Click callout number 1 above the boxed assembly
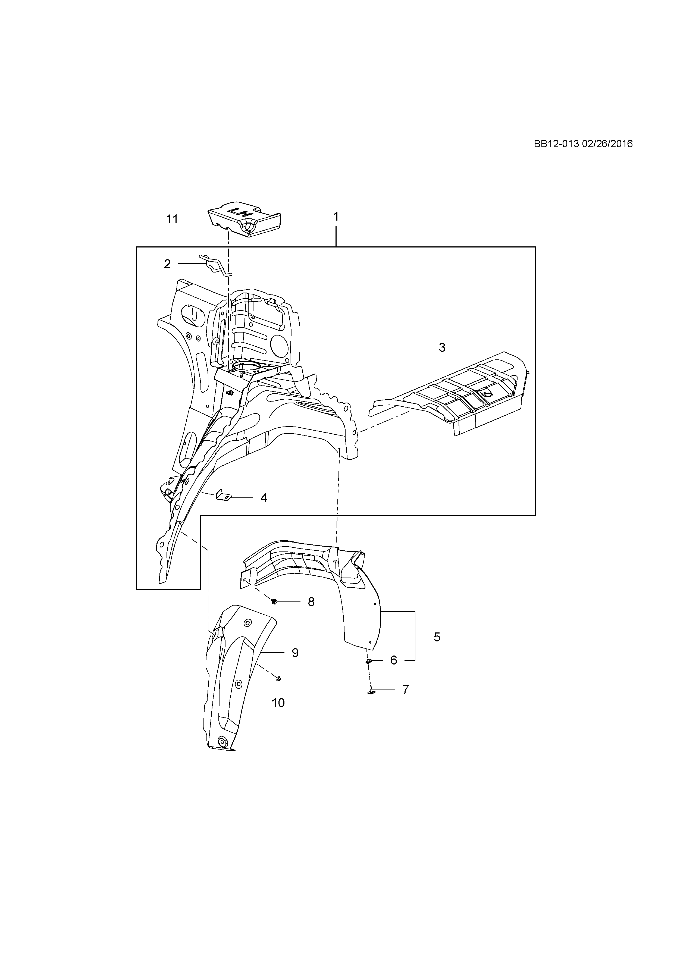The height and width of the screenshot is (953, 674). click(336, 217)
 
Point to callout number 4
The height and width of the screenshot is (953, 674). click(264, 498)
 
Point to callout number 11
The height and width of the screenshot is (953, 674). click(172, 219)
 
